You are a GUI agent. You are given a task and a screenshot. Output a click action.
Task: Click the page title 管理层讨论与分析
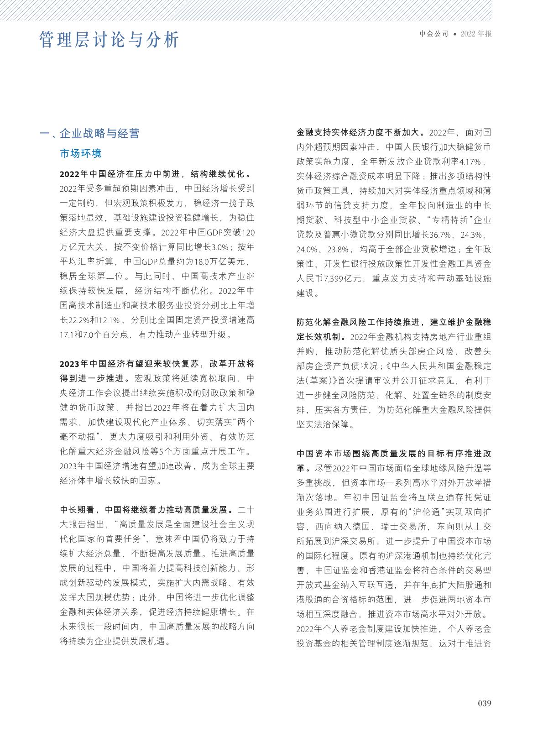point(109,40)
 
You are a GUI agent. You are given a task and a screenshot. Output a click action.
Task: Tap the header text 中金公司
point(434,34)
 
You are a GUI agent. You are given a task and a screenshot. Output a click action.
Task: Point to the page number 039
point(485,703)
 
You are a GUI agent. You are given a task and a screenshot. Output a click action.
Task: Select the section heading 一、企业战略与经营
point(90,133)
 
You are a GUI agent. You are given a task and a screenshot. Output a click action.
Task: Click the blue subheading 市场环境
point(81,153)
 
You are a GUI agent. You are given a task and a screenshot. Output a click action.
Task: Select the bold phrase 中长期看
point(78,509)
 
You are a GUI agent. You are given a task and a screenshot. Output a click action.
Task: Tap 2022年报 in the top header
point(476,34)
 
